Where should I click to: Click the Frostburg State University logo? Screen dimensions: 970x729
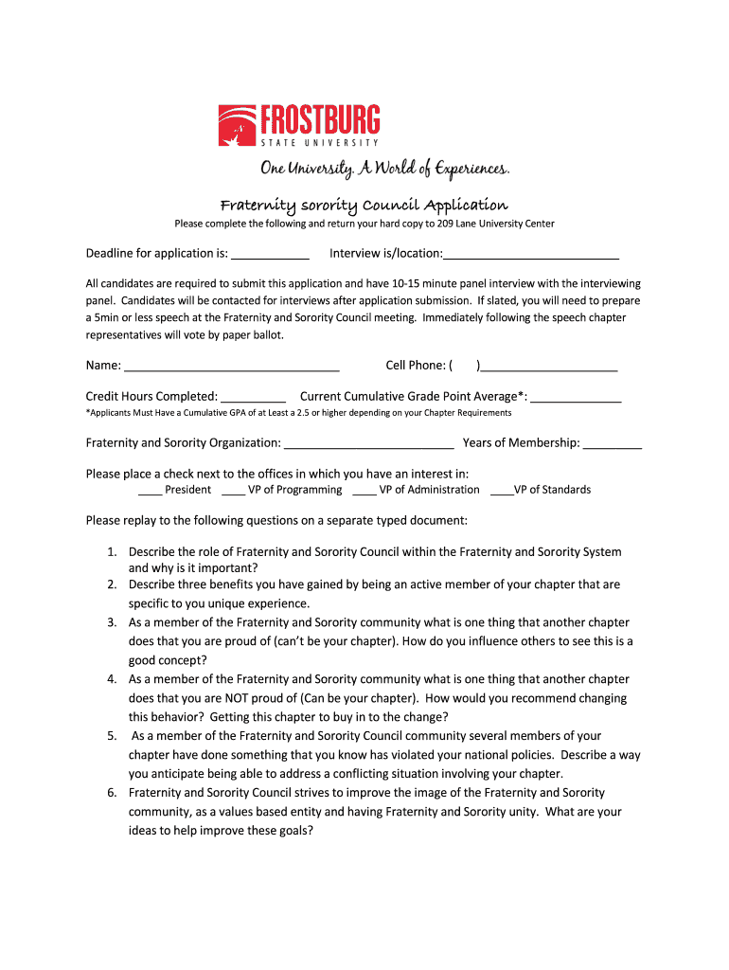click(299, 125)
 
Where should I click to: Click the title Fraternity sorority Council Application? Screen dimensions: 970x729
click(364, 205)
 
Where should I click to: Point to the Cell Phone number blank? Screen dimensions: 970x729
click(549, 367)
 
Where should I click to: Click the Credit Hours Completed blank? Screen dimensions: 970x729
click(254, 398)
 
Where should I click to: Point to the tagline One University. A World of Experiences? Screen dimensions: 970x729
click(384, 169)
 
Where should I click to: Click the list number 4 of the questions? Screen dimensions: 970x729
click(111, 679)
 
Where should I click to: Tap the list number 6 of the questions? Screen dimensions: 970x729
click(111, 793)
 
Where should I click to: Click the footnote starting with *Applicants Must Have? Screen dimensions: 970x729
click(298, 413)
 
